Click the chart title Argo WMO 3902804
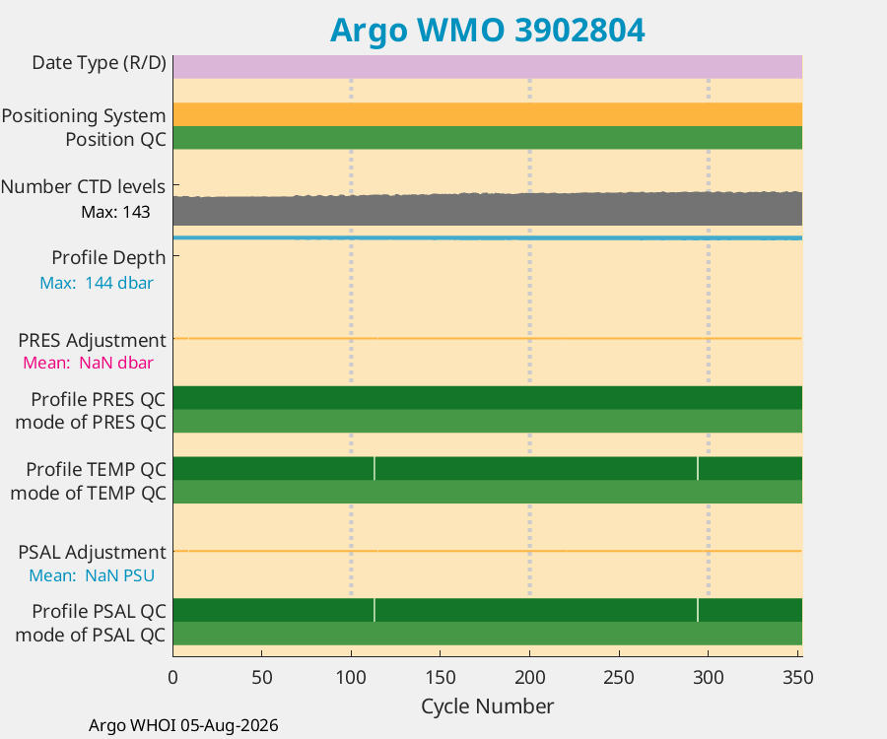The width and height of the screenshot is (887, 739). pyautogui.click(x=487, y=30)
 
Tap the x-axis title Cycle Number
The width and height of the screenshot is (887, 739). pyautogui.click(x=487, y=706)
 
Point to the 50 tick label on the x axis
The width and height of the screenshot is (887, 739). pyautogui.click(x=262, y=677)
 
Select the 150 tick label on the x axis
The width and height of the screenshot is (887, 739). pyautogui.click(x=441, y=677)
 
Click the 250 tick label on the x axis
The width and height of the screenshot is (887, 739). pyautogui.click(x=619, y=677)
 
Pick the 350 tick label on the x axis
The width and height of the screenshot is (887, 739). pyautogui.click(x=797, y=677)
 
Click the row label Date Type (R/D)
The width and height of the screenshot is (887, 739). pyautogui.click(x=99, y=63)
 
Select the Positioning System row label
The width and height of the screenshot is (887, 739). pyautogui.click(x=84, y=116)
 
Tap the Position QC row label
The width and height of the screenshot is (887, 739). pyautogui.click(x=116, y=139)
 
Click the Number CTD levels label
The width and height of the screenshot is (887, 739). pyautogui.click(x=83, y=186)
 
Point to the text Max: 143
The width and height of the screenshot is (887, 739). pyautogui.click(x=116, y=212)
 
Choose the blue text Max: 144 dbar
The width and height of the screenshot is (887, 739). pyautogui.click(x=97, y=283)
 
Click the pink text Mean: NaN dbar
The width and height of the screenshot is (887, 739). pyautogui.click(x=88, y=363)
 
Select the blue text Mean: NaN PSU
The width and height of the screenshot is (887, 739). pyautogui.click(x=92, y=575)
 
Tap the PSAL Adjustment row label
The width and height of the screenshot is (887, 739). pyautogui.click(x=93, y=552)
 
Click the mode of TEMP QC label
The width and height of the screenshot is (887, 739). pyautogui.click(x=89, y=493)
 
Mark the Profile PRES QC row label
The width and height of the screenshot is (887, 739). pyautogui.click(x=99, y=399)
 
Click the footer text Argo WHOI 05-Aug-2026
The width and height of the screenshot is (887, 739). pyautogui.click(x=183, y=725)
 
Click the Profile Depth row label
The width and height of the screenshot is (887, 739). pyautogui.click(x=108, y=258)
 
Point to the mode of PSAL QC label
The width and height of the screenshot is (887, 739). pyautogui.click(x=91, y=635)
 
